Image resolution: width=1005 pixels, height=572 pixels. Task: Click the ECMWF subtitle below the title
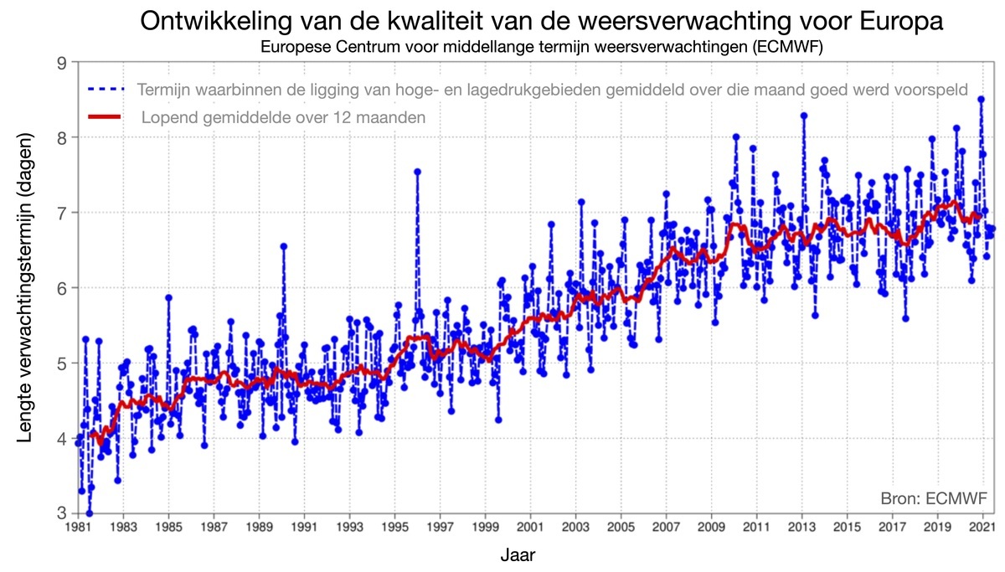pyautogui.click(x=542, y=47)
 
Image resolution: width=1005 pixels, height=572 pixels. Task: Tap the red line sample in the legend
pyautogui.click(x=105, y=116)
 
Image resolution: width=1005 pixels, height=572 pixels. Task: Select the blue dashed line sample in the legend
pyautogui.click(x=105, y=88)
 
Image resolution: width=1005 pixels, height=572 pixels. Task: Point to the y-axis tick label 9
pyautogui.click(x=62, y=62)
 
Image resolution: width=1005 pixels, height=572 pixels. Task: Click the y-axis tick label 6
pyautogui.click(x=62, y=287)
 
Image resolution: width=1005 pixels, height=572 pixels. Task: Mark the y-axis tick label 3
pyautogui.click(x=62, y=513)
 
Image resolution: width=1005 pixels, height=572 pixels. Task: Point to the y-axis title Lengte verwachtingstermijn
pyautogui.click(x=25, y=287)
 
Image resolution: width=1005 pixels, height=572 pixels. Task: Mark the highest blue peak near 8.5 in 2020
pyautogui.click(x=981, y=99)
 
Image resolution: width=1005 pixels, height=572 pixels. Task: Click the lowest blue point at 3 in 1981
pyautogui.click(x=89, y=513)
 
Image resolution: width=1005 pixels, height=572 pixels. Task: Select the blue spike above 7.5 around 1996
pyautogui.click(x=417, y=172)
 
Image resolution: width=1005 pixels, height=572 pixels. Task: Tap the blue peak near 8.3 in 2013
pyautogui.click(x=803, y=116)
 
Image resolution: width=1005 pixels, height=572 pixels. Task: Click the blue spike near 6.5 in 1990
pyautogui.click(x=283, y=246)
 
